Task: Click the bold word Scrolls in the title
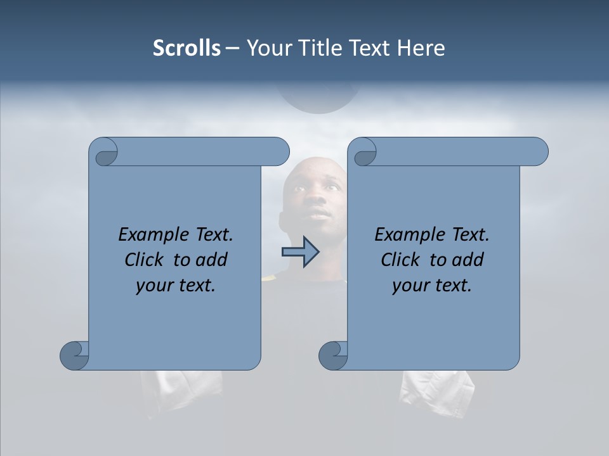coord(187,48)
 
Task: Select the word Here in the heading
coord(421,48)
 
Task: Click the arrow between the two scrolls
coord(301,251)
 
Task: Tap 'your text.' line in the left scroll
coord(176,286)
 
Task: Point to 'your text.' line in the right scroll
coord(432,286)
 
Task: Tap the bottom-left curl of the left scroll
coord(75,355)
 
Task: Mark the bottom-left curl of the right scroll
coord(334,355)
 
